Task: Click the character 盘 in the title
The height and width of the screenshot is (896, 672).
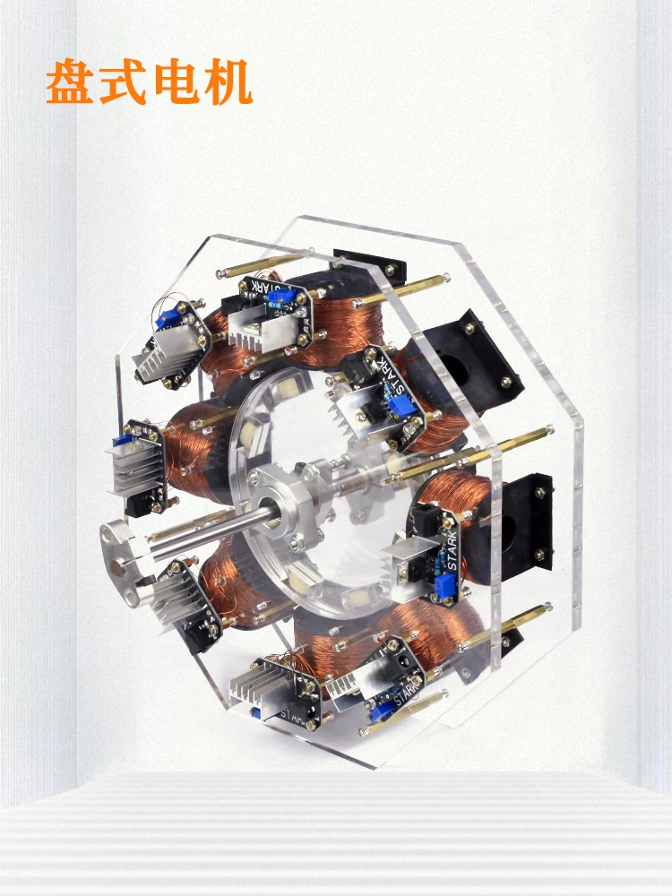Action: click(72, 82)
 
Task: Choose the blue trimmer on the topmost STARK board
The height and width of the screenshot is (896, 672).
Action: click(283, 296)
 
